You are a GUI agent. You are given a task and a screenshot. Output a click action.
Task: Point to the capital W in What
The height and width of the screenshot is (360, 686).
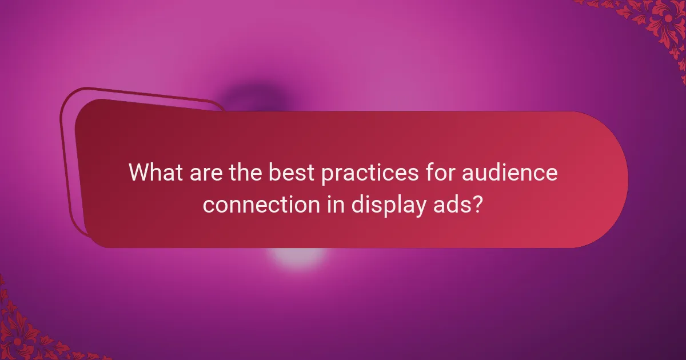click(139, 172)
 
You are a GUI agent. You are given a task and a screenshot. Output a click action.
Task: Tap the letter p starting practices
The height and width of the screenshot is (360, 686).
click(328, 174)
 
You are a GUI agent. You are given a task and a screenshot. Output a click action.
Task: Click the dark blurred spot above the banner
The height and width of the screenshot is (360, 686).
click(254, 97)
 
